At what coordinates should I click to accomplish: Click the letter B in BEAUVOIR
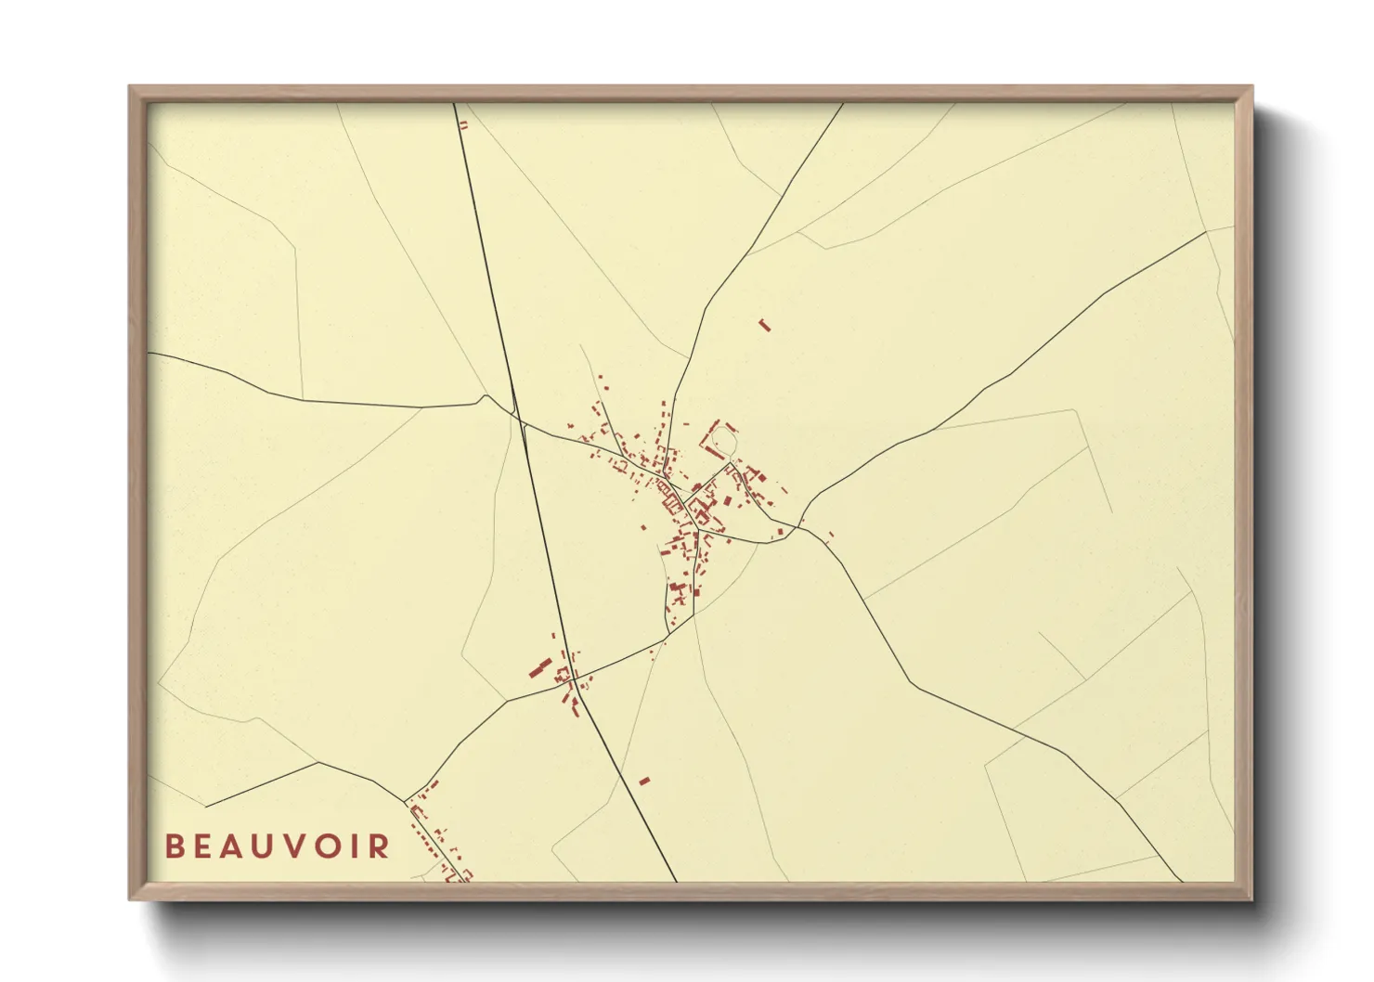[174, 846]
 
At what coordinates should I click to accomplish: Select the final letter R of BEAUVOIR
[379, 846]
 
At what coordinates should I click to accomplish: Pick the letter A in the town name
[232, 846]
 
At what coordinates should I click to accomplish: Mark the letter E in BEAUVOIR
[202, 846]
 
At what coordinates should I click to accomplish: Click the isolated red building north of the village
[765, 325]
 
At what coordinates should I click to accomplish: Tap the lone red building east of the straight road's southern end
[645, 782]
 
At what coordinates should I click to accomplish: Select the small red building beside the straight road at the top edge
[463, 124]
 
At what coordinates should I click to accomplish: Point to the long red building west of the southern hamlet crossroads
[539, 667]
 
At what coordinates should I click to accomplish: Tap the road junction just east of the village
[800, 528]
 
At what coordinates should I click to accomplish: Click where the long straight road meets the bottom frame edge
[677, 881]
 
